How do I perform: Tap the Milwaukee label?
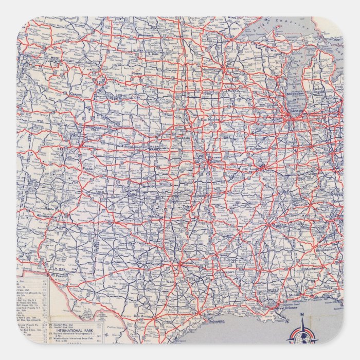297,95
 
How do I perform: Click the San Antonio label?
143,315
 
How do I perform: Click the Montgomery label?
315,269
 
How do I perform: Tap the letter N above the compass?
302,315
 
